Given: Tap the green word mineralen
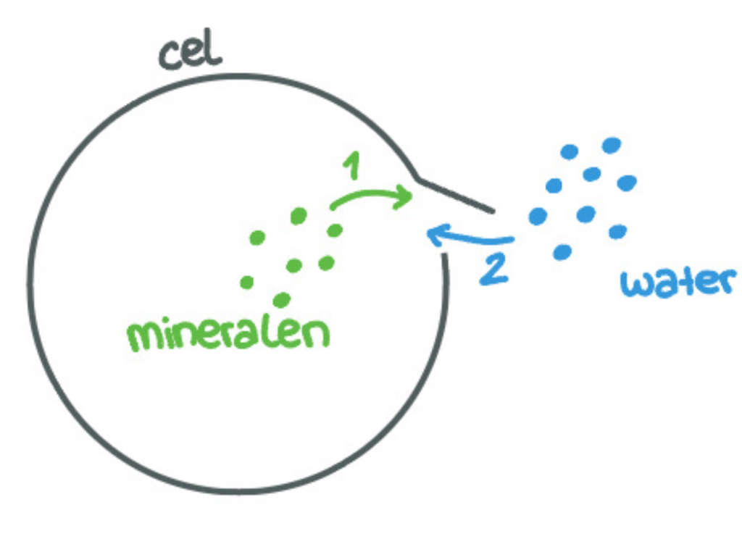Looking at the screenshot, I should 228,335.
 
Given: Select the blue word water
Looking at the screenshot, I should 678,283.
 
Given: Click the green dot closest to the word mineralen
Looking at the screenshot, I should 282,298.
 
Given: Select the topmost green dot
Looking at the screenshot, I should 299,215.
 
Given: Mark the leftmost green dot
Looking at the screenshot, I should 246,282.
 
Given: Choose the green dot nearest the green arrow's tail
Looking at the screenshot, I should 334,230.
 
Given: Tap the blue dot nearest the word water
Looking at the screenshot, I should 618,232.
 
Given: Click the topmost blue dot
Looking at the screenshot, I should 612,145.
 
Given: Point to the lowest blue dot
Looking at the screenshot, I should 562,252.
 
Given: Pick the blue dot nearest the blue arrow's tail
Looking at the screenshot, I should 537,216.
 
